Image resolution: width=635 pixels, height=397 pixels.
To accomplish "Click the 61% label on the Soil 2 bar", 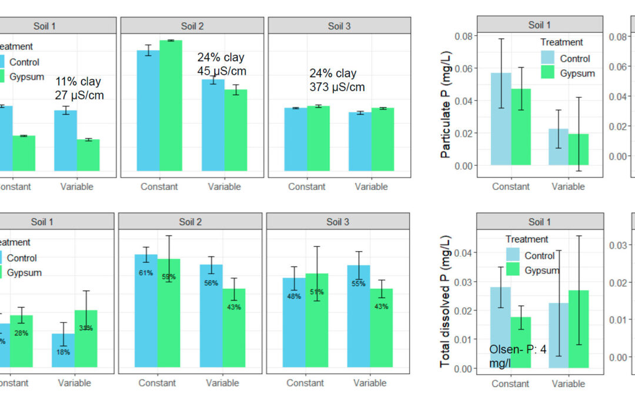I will (x=146, y=273).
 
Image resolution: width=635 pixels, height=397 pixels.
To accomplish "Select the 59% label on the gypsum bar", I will (x=168, y=276).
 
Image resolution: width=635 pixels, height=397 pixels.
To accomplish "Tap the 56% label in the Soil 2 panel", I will (x=212, y=283).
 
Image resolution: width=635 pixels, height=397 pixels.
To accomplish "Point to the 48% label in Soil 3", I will (x=294, y=296).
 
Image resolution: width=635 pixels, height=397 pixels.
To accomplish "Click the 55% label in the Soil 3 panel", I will (x=358, y=283).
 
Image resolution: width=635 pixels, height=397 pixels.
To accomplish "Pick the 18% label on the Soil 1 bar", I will (x=63, y=352).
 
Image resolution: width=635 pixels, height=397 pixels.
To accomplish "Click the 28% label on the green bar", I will (x=22, y=333).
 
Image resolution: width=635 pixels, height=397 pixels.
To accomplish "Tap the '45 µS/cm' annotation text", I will (x=222, y=72).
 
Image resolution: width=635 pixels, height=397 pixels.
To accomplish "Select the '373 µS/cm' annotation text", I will (x=337, y=87).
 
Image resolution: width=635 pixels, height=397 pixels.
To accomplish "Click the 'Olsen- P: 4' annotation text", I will (x=518, y=350).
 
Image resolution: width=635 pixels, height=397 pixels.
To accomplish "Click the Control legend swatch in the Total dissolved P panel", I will (x=514, y=255).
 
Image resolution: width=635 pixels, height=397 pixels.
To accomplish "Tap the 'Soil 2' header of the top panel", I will (x=192, y=26).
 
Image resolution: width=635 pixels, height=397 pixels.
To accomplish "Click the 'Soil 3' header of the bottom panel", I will (x=338, y=222).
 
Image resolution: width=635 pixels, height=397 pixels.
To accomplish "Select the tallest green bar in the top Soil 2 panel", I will (x=171, y=106).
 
